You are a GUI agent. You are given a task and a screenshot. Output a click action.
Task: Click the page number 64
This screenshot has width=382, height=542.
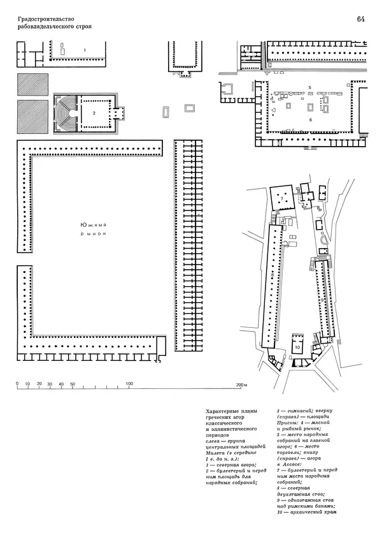click(x=360, y=20)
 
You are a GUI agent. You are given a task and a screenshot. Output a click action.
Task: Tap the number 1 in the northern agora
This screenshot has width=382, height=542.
click(x=85, y=50)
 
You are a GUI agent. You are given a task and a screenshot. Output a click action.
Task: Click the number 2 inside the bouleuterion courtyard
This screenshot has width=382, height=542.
click(x=94, y=113)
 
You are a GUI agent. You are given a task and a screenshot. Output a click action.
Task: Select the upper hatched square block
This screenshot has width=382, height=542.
click(x=32, y=84)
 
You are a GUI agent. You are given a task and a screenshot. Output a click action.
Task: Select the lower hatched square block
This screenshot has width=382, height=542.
click(x=32, y=117)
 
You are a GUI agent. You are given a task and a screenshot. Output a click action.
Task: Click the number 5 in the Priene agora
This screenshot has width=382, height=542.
click(x=310, y=87)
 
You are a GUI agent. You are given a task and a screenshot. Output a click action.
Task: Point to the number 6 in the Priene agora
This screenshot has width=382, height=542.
click(x=310, y=120)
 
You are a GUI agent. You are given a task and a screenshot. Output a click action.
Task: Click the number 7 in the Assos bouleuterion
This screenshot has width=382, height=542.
click(x=281, y=198)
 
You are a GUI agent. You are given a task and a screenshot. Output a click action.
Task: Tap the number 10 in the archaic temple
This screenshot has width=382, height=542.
click(x=298, y=348)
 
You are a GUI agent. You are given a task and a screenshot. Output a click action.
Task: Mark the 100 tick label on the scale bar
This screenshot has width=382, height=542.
click(x=129, y=384)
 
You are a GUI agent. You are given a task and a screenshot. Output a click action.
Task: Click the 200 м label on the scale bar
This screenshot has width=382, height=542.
click(x=241, y=385)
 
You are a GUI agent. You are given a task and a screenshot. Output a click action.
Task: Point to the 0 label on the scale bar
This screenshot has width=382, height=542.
click(x=17, y=384)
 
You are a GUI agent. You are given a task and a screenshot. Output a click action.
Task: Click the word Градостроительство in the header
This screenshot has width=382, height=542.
click(x=46, y=19)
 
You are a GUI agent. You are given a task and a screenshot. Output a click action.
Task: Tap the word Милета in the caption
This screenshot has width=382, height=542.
click(x=215, y=453)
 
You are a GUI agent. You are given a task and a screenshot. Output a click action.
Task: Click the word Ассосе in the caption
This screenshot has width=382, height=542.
click(x=292, y=465)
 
